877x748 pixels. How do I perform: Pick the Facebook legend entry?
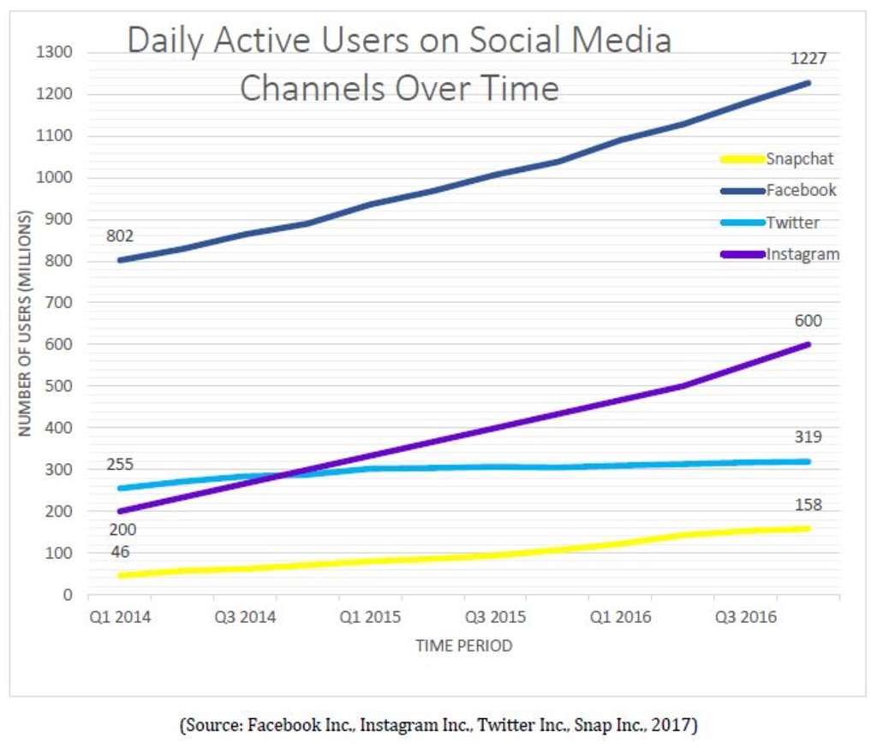pos(801,190)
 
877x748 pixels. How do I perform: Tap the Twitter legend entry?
pos(792,223)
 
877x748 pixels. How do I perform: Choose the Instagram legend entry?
pos(802,254)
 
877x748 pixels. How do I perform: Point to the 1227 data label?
pos(807,59)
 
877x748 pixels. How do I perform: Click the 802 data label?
pos(120,236)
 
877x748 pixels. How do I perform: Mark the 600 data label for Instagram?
pos(808,322)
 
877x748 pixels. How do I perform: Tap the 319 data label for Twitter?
pos(808,437)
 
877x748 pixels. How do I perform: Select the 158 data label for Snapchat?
pos(808,505)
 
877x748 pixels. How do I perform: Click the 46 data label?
pos(120,552)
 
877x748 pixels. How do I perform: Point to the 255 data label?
pos(120,465)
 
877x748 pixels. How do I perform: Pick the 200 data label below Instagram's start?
pos(120,531)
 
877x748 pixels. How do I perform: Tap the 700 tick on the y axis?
pos(58,303)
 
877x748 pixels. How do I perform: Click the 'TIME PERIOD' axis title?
pos(463,646)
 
